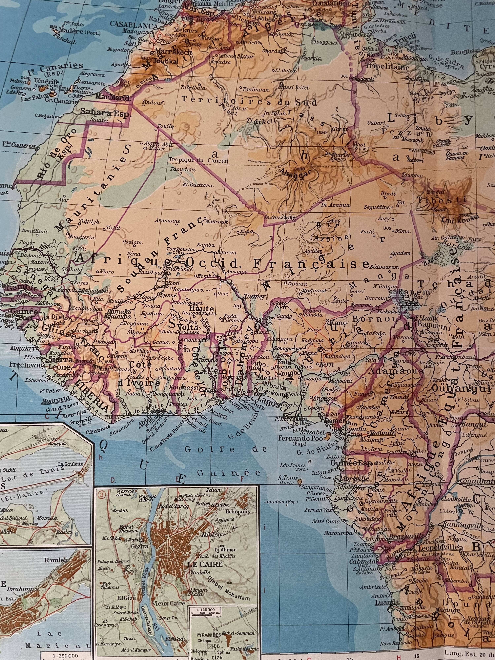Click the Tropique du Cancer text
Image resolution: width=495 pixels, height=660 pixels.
pos(198,160)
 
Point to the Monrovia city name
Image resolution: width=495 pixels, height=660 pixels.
pos(57,401)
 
